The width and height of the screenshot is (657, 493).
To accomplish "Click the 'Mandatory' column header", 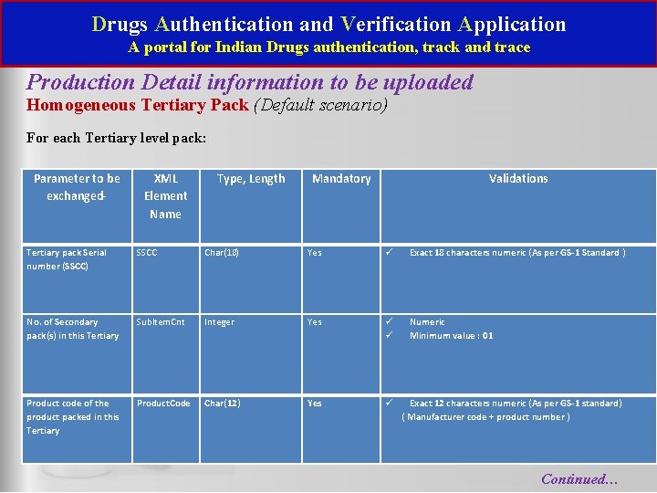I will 341,179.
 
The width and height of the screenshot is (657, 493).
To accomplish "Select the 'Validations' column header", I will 518,179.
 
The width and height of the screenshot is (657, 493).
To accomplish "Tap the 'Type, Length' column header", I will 251,179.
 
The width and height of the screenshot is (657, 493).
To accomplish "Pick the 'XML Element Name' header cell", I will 166,196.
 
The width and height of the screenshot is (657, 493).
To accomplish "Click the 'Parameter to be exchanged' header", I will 77,187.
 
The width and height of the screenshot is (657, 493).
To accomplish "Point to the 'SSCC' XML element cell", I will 146,253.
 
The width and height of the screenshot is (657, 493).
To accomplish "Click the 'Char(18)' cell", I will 222,253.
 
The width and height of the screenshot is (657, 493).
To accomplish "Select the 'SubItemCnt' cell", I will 161,322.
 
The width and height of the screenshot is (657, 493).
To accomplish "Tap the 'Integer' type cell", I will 219,322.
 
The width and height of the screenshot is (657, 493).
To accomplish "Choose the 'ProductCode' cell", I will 163,404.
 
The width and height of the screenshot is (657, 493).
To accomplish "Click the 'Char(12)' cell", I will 223,404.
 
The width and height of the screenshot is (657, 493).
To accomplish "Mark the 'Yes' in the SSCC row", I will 315,253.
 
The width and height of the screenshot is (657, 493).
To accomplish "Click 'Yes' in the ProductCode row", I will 315,404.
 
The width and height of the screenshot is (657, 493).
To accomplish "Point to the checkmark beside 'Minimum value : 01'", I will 388,336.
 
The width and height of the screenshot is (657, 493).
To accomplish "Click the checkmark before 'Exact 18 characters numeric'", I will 388,253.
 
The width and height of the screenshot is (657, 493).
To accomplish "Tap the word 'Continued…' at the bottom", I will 579,478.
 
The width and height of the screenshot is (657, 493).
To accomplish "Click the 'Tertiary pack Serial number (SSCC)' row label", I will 67,259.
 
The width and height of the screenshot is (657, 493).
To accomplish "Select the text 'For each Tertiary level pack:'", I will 116,139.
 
